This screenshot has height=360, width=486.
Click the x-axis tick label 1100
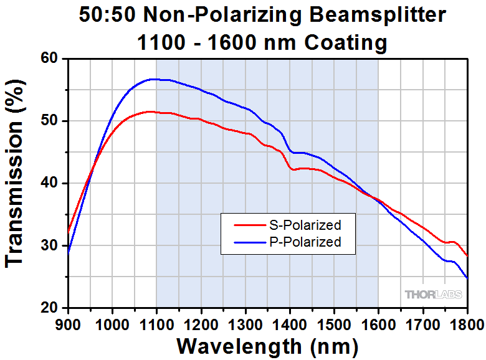tap(156, 324)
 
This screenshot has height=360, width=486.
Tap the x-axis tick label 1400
tap(290, 324)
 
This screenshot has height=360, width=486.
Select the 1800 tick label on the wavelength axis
tap(466, 324)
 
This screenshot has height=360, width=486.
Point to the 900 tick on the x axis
tap(69, 324)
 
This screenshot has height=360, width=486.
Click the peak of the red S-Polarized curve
tap(148, 111)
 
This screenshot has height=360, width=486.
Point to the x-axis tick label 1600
tap(378, 324)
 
